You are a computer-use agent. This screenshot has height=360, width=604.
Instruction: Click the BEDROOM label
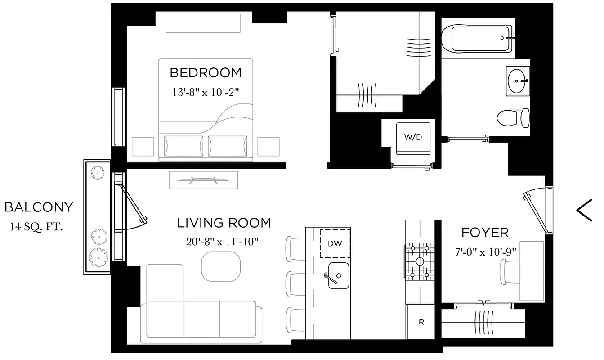[x=205, y=72]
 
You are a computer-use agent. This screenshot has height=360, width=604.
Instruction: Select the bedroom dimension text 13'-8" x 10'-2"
[x=205, y=92]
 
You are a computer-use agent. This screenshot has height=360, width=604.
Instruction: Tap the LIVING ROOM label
[x=224, y=223]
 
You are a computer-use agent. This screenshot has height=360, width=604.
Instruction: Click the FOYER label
[x=485, y=233]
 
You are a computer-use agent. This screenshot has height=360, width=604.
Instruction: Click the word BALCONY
[x=38, y=207]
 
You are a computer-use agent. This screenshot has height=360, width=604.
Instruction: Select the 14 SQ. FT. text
[x=36, y=226]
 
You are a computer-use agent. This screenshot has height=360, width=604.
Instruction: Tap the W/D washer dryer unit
[x=412, y=137]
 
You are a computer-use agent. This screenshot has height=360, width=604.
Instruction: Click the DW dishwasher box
[x=335, y=243]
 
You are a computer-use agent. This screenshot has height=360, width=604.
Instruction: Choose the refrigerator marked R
[x=421, y=322]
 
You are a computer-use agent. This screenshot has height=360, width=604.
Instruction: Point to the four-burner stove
[x=420, y=261]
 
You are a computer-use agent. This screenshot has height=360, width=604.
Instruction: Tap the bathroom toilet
[x=513, y=118]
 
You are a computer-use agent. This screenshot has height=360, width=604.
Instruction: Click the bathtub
[x=477, y=39]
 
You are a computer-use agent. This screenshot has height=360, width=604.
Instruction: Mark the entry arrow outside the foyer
[x=585, y=210]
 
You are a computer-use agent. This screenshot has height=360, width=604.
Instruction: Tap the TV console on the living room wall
[x=203, y=180]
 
